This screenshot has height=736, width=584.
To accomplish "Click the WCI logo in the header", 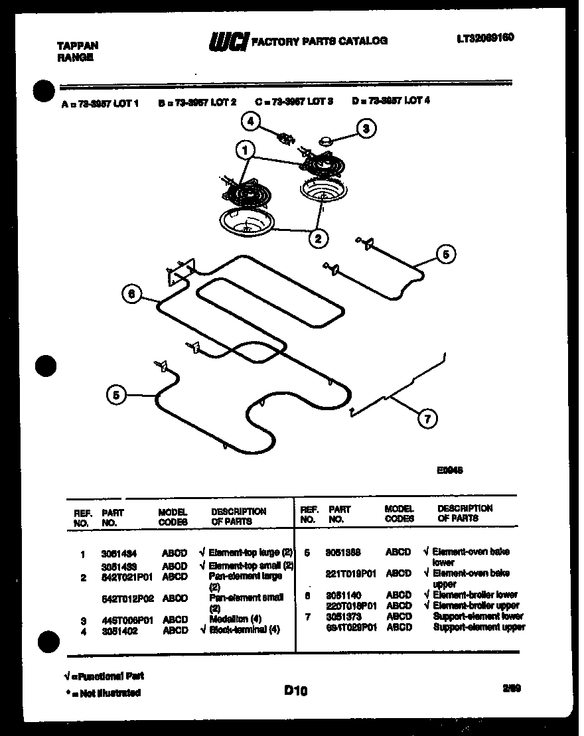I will tap(228, 42).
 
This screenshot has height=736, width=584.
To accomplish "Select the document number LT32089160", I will tap(485, 38).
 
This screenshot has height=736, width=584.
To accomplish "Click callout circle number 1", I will tap(246, 151).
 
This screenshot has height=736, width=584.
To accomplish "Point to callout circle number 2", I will tap(319, 238).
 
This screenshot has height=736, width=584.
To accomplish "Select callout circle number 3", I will tap(365, 129).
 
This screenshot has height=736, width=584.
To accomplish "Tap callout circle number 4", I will tap(250, 121).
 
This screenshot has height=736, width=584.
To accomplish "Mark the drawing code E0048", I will tap(449, 470).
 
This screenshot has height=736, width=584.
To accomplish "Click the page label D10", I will tap(296, 691).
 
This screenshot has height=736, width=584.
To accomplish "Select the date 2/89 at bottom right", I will tap(512, 689).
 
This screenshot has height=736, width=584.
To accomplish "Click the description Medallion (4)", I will tap(236, 619).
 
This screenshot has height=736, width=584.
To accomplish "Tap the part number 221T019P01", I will tap(351, 573).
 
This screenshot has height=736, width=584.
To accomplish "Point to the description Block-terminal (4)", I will tap(244, 630).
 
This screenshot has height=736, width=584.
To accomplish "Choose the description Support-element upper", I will tap(478, 627).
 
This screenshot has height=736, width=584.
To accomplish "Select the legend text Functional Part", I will tap(106, 676).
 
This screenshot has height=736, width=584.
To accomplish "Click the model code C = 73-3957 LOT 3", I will tap(294, 102).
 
